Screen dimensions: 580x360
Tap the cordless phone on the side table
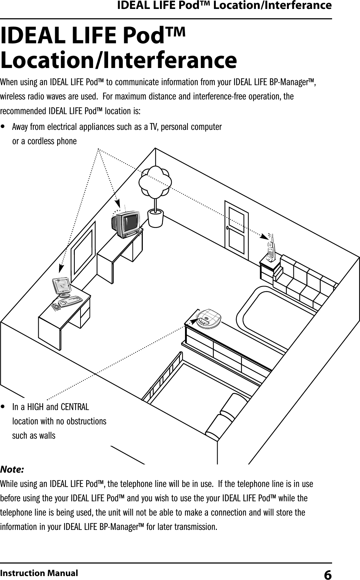point(271,249)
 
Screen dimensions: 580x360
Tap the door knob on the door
point(228,228)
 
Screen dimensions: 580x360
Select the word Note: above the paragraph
point(12,469)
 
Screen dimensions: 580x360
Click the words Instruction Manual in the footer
point(39,573)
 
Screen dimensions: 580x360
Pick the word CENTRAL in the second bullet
point(75,407)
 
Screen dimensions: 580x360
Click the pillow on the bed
point(225,417)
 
